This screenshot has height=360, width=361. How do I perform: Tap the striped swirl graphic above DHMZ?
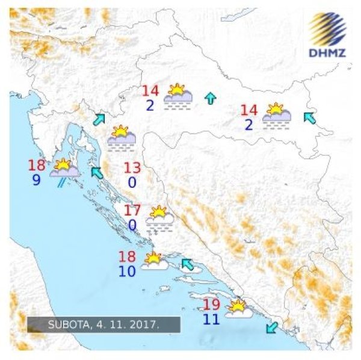point(328,28)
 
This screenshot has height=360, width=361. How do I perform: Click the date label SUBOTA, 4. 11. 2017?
point(103,324)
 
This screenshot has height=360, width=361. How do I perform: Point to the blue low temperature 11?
point(211,319)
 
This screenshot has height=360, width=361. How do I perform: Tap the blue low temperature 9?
point(36,180)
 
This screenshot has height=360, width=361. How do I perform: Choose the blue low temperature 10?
point(127,271)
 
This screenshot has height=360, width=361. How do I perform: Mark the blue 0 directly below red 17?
point(134,226)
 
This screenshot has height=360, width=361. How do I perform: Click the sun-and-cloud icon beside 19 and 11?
point(239,309)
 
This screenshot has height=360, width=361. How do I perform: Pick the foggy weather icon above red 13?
point(121,138)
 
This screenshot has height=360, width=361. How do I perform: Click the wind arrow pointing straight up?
point(210,99)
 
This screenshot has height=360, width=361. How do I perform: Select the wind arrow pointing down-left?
point(272,327)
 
